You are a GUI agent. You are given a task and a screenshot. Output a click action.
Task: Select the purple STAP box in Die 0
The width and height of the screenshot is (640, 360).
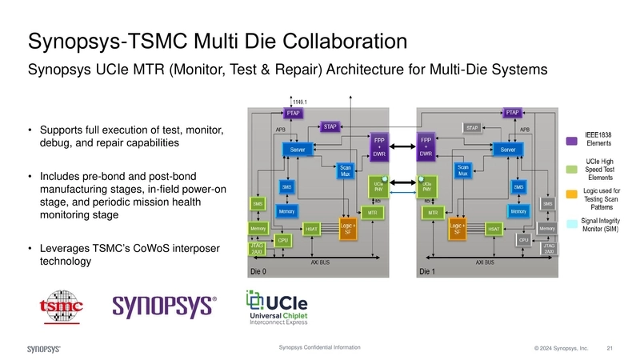pos(330,126)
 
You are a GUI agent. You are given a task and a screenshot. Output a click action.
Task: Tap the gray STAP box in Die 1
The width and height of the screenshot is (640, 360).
pos(471,126)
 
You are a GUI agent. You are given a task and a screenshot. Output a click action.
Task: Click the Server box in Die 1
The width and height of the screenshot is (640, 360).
pos(507,150)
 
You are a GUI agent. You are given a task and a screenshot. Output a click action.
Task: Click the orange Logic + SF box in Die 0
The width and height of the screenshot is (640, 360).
pos(347,229)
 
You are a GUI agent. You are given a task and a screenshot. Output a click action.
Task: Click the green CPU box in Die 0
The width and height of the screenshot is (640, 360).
pos(282,240)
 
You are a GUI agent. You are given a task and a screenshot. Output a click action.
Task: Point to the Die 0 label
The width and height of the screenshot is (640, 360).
pos(258,271)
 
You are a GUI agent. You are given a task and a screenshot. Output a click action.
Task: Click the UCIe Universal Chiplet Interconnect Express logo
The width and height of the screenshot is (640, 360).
pos(282,308)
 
